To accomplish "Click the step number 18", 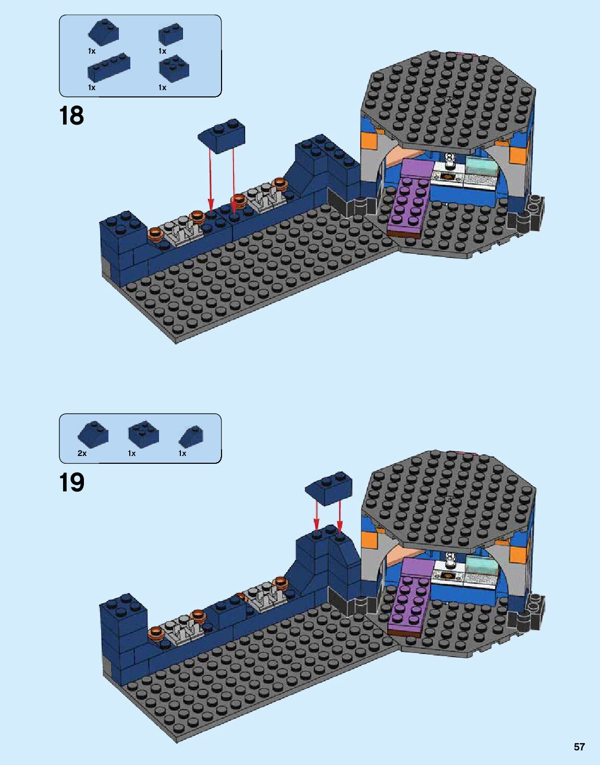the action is [x=72, y=116].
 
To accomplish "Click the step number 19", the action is [x=72, y=483].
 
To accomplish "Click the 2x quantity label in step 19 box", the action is [x=82, y=453].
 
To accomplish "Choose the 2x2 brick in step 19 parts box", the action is [x=144, y=432].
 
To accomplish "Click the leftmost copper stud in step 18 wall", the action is [x=155, y=233].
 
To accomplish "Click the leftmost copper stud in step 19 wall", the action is [x=155, y=633].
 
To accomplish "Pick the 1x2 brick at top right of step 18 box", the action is [x=171, y=34].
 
